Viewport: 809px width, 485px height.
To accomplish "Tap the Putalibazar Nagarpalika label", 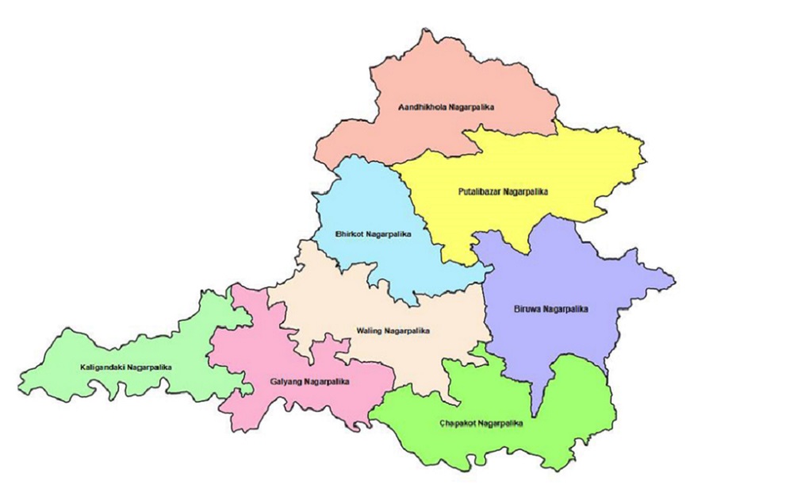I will click(503, 191).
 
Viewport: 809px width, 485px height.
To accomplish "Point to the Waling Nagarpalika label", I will click(393, 330).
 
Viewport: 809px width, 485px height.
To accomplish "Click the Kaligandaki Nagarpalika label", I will click(126, 367).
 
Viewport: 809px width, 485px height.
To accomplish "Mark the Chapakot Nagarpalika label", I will click(481, 423).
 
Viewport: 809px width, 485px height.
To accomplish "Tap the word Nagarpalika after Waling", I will click(406, 330).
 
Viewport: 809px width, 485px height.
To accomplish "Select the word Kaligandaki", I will click(104, 367).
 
